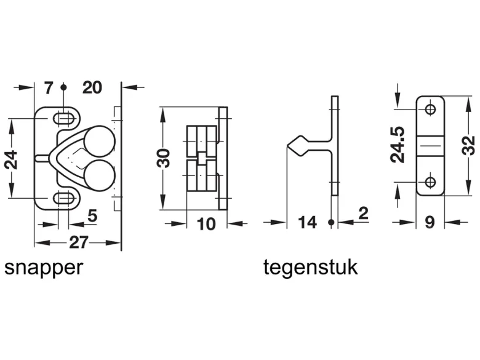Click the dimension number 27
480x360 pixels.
[79, 243]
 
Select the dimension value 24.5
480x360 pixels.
[398, 144]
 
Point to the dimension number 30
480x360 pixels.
[164, 158]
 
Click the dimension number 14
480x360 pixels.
[307, 223]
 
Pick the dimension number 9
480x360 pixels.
[430, 222]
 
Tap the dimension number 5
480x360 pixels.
[92, 216]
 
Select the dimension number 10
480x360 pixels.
[206, 224]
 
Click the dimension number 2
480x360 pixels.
[363, 213]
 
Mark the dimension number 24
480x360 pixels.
[11, 159]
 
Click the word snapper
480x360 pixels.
[44, 268]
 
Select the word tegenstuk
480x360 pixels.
[310, 268]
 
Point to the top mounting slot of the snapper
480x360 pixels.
[64, 119]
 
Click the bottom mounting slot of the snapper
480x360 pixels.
[64, 198]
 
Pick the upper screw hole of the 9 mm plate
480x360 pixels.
[430, 109]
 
